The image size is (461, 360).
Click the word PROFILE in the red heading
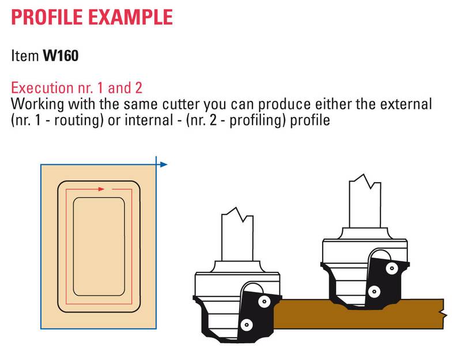pos(47,17)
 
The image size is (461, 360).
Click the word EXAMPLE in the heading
pos(131,17)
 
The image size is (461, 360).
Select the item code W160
pos(61,55)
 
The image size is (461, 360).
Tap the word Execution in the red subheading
pos(42,88)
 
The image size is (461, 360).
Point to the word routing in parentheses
pos(78,120)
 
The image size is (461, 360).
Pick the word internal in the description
pos(149,120)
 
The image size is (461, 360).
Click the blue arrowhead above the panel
pos(164,165)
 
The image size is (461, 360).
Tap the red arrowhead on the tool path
pos(101,189)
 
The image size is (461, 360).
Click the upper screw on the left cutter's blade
pos(264,301)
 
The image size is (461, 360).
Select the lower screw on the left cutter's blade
pos(246,325)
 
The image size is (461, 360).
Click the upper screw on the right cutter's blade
pos(392,268)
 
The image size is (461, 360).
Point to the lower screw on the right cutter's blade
pos(374,292)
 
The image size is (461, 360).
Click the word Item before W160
pos(25,55)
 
